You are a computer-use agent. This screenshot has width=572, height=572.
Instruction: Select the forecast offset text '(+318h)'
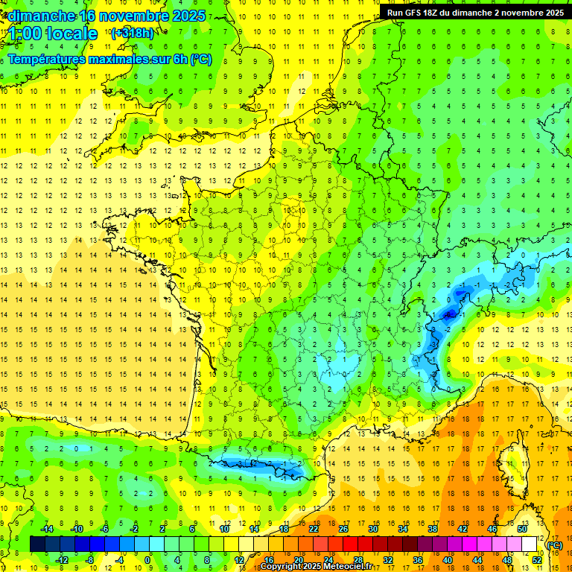pos(132,34)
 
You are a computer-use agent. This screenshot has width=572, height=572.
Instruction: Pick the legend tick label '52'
pos(536,560)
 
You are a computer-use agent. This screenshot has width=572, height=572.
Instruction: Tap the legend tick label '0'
pos(148,560)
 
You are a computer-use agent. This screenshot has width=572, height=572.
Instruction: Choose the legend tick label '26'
pos(343,529)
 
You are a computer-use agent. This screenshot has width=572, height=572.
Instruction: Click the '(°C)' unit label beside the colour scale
pos(554,544)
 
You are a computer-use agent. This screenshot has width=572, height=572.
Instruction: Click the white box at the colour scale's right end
pos(530,544)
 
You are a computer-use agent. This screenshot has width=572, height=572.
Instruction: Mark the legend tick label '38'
pos(433,529)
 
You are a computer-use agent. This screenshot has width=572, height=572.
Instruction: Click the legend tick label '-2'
pos(135,529)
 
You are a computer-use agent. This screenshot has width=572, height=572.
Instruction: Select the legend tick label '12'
pos(238,560)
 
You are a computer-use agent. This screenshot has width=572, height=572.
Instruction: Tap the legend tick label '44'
pos(477,560)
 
